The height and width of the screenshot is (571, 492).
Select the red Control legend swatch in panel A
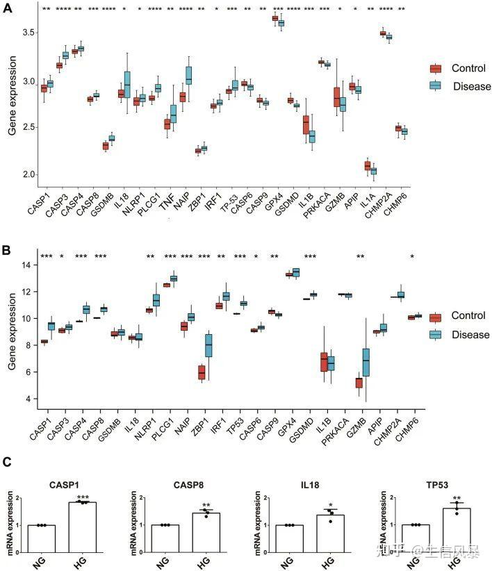(436, 68)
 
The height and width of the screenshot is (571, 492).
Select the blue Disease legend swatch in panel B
(436, 335)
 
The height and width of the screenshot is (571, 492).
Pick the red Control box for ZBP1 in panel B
(202, 372)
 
